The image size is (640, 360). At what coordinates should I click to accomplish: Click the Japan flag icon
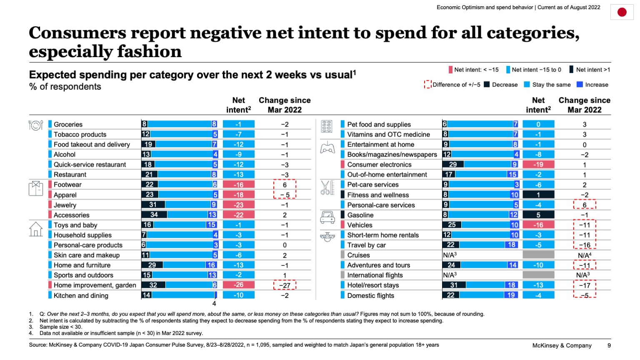pyautogui.click(x=622, y=12)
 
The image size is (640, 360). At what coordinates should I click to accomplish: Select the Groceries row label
pyautogui.click(x=68, y=124)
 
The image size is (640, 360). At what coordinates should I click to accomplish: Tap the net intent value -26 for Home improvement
pyautogui.click(x=238, y=285)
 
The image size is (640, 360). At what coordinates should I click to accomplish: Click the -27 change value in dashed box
pyautogui.click(x=285, y=285)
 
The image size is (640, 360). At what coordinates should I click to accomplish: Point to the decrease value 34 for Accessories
pyautogui.click(x=154, y=215)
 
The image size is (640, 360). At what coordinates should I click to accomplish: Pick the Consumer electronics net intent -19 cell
pyautogui.click(x=538, y=165)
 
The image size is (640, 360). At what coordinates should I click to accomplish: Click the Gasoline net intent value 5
pyautogui.click(x=538, y=215)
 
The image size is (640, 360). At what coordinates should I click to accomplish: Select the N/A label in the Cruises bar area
pyautogui.click(x=450, y=255)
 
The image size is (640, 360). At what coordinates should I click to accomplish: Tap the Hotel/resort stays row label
pyautogui.click(x=373, y=285)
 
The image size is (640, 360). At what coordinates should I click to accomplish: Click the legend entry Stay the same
pyautogui.click(x=551, y=85)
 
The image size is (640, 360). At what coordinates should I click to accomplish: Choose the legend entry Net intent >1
pyautogui.click(x=592, y=70)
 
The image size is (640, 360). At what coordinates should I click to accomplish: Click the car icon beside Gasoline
pyautogui.click(x=327, y=217)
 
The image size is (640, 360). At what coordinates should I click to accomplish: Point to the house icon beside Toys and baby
pyautogui.click(x=36, y=229)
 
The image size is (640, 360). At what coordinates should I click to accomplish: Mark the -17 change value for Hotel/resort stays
pyautogui.click(x=584, y=285)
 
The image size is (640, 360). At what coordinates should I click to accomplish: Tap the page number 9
pyautogui.click(x=609, y=345)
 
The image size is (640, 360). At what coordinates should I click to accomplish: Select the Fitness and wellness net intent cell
pyautogui.click(x=538, y=195)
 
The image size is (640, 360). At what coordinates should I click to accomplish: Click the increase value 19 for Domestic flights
pyautogui.click(x=511, y=295)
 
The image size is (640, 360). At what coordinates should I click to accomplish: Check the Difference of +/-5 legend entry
pyautogui.click(x=456, y=85)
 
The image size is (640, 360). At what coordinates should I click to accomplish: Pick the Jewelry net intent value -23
pyautogui.click(x=238, y=205)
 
